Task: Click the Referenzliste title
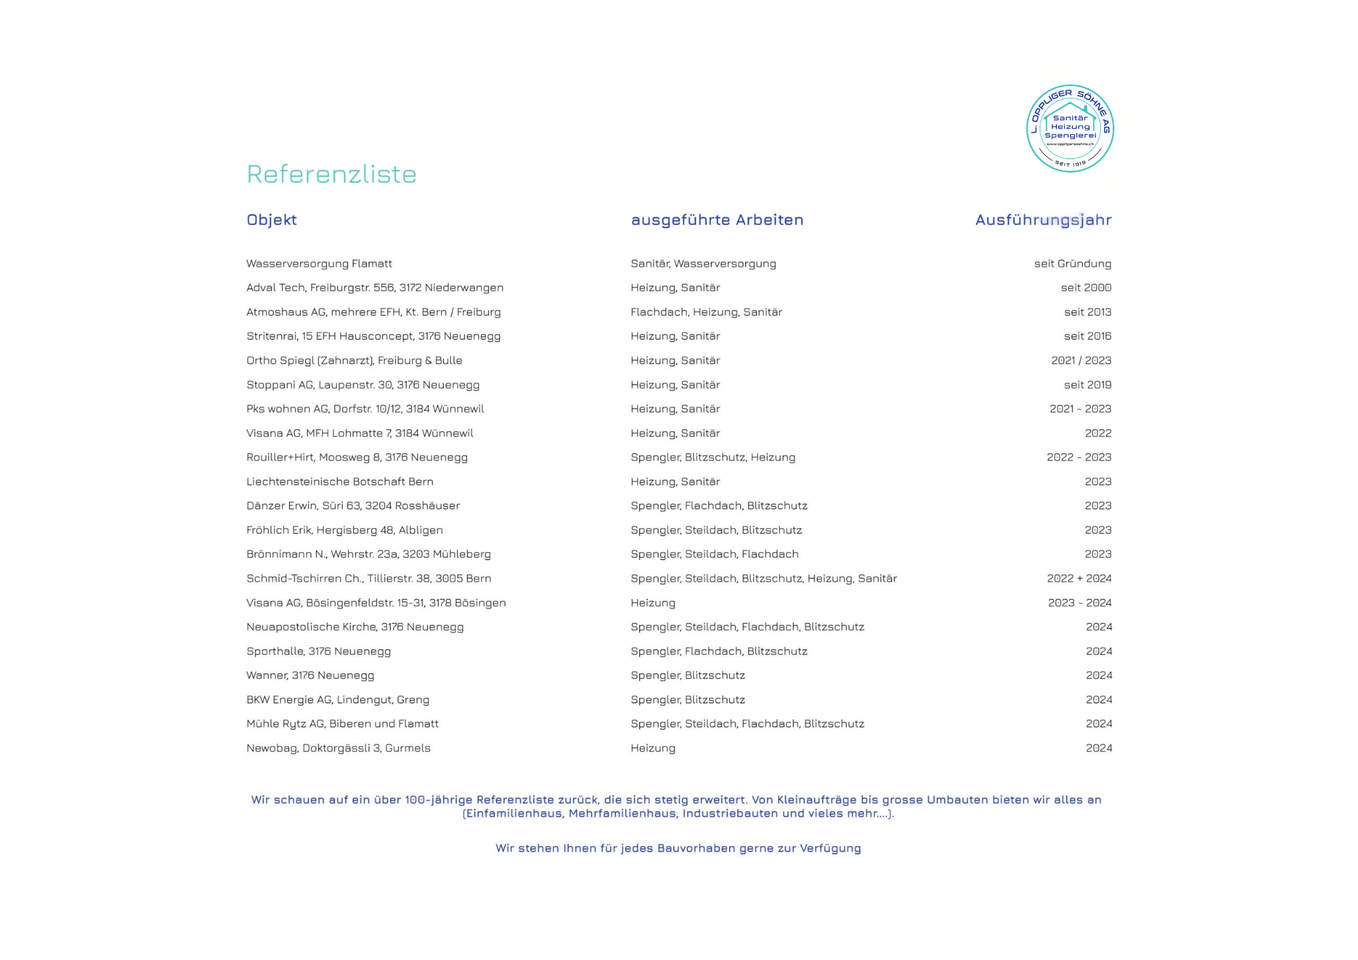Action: point(332,174)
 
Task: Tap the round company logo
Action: point(1070,129)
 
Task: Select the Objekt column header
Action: point(271,220)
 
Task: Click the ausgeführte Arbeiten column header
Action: point(717,220)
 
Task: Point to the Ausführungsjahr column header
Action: point(1043,220)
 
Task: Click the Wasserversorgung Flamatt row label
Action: point(319,264)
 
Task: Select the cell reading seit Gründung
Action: point(1072,264)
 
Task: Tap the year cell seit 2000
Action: point(1085,288)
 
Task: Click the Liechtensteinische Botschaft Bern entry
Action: point(339,482)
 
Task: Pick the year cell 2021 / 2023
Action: point(1081,361)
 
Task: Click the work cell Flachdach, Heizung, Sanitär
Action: point(706,312)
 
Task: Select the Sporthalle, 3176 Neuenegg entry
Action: point(318,651)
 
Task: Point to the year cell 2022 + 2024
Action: point(1079,579)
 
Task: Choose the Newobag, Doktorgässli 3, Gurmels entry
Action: point(338,748)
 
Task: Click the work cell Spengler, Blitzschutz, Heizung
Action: point(713,458)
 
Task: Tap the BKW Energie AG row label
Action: point(338,700)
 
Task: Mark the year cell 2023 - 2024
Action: point(1080,603)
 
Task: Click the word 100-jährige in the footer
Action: point(438,800)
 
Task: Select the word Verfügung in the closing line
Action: point(830,849)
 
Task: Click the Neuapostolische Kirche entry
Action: point(355,627)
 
